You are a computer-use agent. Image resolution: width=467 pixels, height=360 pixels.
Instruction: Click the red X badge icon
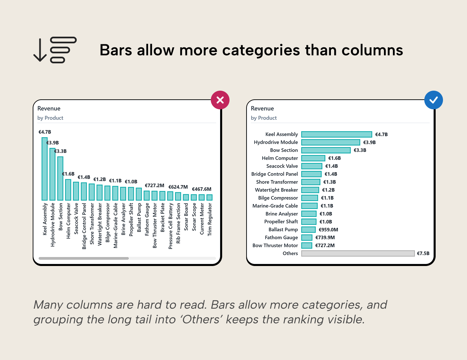pos(220,100)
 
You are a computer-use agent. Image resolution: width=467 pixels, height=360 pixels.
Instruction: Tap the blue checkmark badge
pos(433,100)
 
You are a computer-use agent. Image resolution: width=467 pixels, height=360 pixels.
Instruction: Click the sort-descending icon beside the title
pos(55,50)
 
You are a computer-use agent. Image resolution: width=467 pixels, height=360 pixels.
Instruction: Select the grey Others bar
pos(358,253)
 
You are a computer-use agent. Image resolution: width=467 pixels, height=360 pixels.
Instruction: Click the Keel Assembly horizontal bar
pos(336,134)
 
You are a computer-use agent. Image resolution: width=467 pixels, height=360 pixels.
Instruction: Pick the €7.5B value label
pos(423,253)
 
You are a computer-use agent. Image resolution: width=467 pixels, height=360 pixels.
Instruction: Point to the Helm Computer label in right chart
pos(280,158)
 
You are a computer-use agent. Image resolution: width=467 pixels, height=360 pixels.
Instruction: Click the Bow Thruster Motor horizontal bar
pos(307,245)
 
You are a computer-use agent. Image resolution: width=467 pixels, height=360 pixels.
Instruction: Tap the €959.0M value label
pos(328,230)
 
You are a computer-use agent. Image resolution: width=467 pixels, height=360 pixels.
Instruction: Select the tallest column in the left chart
pos(44,169)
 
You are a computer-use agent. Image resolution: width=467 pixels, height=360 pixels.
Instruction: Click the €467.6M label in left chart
pos(201,189)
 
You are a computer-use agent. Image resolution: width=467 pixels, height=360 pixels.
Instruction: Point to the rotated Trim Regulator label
pos(209,220)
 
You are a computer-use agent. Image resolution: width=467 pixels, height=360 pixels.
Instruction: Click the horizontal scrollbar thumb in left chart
pos(83,258)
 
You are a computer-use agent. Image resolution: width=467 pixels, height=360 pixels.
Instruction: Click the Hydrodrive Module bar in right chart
pos(330,142)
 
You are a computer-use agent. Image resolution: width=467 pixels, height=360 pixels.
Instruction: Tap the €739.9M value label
pos(325,237)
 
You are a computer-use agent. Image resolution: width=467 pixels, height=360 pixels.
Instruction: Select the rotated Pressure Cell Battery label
pos(170,226)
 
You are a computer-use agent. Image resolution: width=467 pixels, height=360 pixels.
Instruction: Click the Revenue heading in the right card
pos(262,108)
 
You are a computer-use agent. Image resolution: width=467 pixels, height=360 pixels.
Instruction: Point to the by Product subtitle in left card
pos(50,118)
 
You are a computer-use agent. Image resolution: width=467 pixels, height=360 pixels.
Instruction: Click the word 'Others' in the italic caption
pos(201,319)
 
